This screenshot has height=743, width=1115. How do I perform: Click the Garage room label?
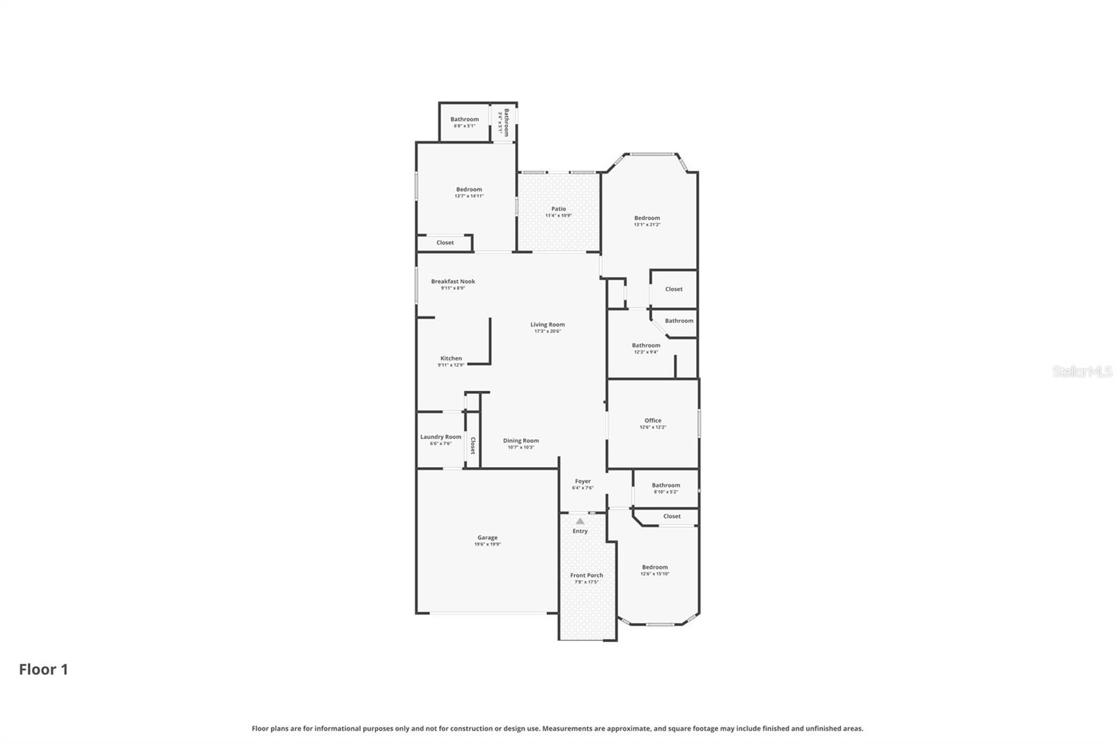point(487,537)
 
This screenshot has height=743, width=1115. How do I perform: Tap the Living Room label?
point(547,324)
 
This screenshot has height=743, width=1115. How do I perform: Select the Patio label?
point(558,209)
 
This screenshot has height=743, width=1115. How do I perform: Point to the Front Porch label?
point(586,575)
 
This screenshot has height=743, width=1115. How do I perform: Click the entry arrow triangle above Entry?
point(580,521)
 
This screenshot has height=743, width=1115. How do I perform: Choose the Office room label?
point(652,420)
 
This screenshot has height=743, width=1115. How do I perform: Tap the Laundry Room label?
point(440,437)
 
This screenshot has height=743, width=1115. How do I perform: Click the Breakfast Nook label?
point(452,282)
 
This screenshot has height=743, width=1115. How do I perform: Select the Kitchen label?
point(451,358)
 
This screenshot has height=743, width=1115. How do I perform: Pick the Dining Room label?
point(521,441)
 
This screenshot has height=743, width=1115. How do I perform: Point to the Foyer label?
point(583,481)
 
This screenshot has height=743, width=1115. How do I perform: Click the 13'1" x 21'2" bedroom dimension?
point(647,224)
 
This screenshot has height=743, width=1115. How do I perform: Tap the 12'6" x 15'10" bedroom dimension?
point(654,574)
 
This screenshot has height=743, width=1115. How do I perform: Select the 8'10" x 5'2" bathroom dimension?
point(666,492)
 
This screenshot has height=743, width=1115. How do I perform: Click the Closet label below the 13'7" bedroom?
point(445,243)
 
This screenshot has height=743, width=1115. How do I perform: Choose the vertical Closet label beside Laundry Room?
point(472,445)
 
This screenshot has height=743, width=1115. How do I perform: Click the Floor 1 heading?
point(43,669)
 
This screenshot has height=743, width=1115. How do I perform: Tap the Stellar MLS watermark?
point(1082,371)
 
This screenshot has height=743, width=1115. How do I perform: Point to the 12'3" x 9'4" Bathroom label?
point(646,345)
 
